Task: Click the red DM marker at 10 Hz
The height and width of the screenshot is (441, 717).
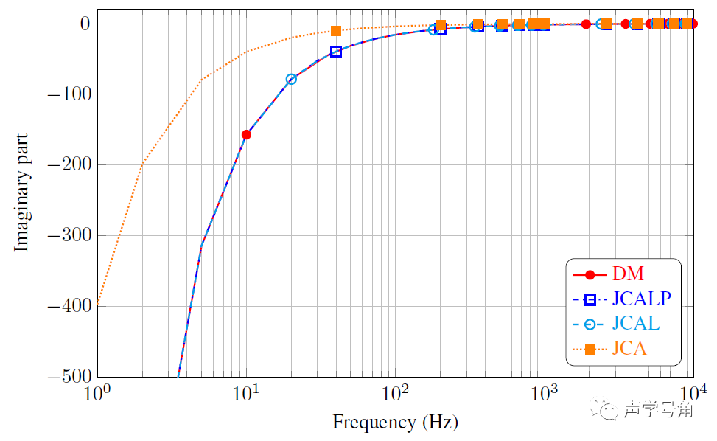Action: tap(246, 135)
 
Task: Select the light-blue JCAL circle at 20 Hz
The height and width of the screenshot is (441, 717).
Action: tap(291, 79)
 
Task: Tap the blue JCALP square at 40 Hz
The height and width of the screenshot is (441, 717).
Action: tap(336, 52)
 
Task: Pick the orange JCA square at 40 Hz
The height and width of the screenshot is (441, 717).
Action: tap(336, 31)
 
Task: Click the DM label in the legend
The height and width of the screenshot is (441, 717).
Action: tap(628, 275)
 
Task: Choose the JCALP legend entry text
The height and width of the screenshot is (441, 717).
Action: tap(641, 299)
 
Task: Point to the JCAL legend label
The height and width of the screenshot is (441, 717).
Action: tap(635, 324)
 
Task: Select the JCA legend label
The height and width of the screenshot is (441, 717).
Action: tap(629, 349)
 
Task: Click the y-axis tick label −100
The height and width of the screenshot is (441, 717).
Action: tap(67, 94)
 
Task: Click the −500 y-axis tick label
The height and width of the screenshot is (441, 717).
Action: tap(67, 377)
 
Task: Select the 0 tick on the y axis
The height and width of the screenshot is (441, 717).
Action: tap(83, 24)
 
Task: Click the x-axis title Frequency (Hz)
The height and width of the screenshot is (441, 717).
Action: tap(395, 423)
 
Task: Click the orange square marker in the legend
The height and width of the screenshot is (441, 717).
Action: tap(590, 349)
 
